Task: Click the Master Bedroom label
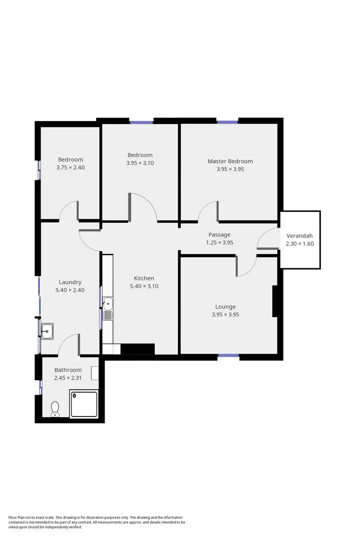[x=230, y=161]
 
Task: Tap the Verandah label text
[x=299, y=235]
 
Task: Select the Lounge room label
[x=225, y=306]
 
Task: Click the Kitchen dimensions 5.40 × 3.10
[x=143, y=286]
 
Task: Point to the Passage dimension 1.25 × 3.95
[x=219, y=242]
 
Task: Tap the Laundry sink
[x=48, y=330]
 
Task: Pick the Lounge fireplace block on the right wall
[x=274, y=301]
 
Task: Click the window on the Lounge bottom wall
[x=228, y=356]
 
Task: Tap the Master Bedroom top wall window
[x=227, y=121]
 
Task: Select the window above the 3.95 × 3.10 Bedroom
[x=141, y=121]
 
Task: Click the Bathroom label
[x=68, y=370]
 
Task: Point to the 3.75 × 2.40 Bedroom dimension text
[x=70, y=167]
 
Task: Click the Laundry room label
[x=70, y=282]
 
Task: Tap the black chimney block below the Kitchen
[x=137, y=349]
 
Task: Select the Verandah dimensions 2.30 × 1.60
[x=299, y=243]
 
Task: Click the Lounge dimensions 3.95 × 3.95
[x=225, y=314]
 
